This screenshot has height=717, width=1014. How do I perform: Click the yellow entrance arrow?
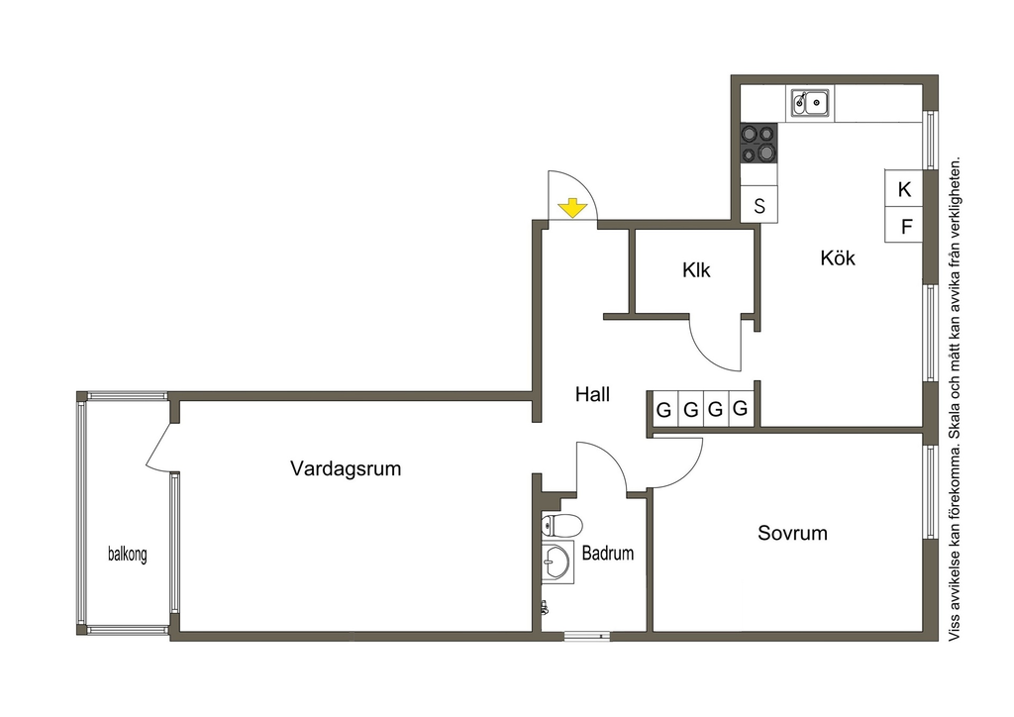572,209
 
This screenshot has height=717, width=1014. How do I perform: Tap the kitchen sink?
810,101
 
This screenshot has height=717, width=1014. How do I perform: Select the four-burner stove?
759,143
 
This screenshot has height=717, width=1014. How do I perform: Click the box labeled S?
759,205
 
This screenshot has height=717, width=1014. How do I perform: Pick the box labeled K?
903,189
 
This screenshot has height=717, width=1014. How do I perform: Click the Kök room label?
838,257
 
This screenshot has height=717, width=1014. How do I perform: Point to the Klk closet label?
696,269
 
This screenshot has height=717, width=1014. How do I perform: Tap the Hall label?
592,394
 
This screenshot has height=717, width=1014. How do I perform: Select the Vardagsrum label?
346,468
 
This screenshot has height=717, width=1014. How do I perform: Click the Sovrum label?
792,533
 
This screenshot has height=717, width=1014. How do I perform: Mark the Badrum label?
607,553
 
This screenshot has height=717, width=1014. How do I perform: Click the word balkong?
128,554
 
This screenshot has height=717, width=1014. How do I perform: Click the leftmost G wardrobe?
663,409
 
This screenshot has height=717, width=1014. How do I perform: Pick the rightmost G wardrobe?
741,408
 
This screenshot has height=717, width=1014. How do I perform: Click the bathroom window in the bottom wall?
586,636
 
